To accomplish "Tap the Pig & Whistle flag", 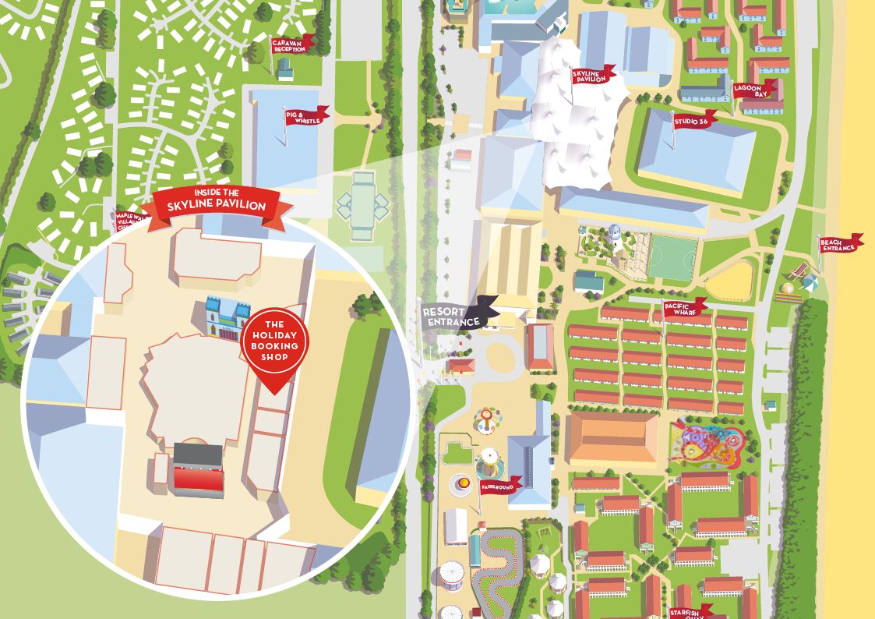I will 305,117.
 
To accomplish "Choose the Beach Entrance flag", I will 839,244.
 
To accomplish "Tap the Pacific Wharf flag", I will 683,307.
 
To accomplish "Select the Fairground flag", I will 500,486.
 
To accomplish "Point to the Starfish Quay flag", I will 690,611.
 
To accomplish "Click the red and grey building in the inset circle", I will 198,469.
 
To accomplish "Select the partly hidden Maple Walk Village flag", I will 129,219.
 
